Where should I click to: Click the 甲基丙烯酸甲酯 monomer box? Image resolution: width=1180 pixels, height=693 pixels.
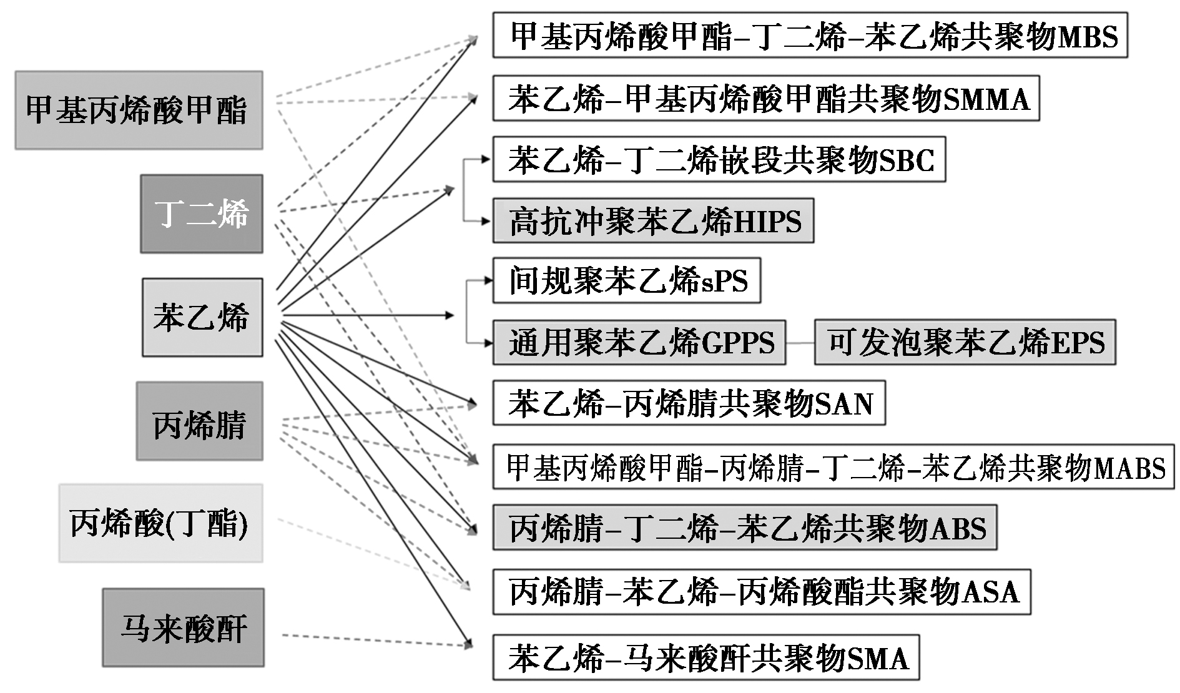tap(139, 110)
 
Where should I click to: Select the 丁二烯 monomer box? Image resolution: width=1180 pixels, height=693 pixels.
tap(201, 214)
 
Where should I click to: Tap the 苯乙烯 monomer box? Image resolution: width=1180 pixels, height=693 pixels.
tap(202, 317)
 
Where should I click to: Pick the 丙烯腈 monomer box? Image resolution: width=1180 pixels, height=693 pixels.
tap(199, 421)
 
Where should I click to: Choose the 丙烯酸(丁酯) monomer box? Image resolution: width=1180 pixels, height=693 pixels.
tap(160, 523)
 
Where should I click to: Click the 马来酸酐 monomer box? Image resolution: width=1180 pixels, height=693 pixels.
tap(183, 627)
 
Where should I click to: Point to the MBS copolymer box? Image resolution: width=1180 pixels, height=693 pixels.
tap(810, 35)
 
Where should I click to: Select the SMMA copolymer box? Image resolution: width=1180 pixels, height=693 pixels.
tap(765, 98)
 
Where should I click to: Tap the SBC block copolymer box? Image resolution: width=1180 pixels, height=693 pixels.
tap(719, 159)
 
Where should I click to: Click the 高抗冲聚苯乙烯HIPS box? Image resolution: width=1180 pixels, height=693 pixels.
tap(653, 220)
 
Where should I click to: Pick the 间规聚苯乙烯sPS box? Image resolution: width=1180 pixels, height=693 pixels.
tap(626, 280)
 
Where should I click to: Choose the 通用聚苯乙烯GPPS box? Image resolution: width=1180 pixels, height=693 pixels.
tap(639, 342)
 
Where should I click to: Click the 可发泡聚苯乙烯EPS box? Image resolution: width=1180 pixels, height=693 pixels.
tap(965, 342)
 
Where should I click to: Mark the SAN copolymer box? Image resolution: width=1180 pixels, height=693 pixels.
tap(689, 403)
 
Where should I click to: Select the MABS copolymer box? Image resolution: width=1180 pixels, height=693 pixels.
tap(833, 466)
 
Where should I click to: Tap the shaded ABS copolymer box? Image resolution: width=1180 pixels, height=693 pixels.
tap(744, 528)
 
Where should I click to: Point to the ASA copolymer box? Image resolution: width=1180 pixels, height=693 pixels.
tap(761, 591)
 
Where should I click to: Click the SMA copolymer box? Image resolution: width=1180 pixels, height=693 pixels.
tap(706, 657)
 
